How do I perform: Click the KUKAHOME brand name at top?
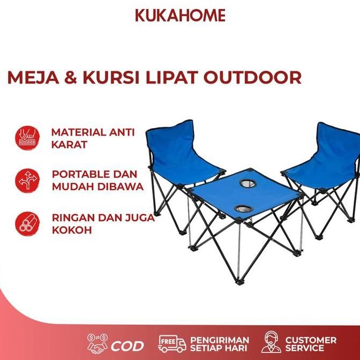[180, 14]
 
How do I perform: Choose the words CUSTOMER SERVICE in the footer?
[311, 344]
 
